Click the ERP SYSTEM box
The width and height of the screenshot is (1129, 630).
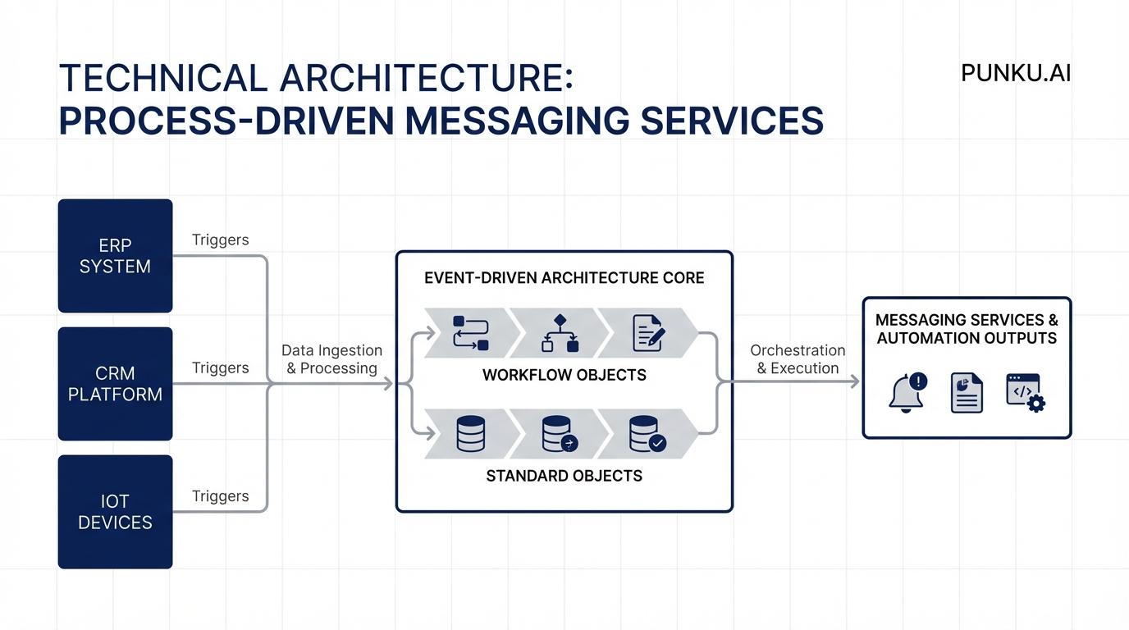pyautogui.click(x=115, y=256)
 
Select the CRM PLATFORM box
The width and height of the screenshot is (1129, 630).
pyautogui.click(x=115, y=384)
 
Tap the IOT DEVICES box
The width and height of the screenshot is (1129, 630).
pyautogui.click(x=115, y=512)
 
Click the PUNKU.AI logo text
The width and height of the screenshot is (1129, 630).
pyautogui.click(x=1016, y=73)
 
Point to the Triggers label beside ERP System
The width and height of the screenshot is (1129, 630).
pyautogui.click(x=220, y=240)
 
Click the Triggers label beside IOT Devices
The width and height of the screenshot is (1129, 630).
pyautogui.click(x=220, y=495)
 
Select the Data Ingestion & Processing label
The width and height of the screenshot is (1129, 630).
pyautogui.click(x=331, y=359)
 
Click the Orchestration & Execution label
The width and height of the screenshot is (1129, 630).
pyautogui.click(x=798, y=359)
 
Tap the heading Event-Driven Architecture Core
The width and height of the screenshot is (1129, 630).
pyautogui.click(x=564, y=278)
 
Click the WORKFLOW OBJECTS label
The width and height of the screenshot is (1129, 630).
pyautogui.click(x=564, y=375)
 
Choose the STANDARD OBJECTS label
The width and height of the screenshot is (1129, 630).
pyautogui.click(x=564, y=476)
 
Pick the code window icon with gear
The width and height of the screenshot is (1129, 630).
pyautogui.click(x=1026, y=392)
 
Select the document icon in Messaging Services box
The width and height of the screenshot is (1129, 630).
pyautogui.click(x=967, y=392)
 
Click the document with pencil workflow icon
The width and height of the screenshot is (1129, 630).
pyautogui.click(x=648, y=333)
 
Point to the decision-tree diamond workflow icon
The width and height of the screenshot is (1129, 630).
pyautogui.click(x=560, y=333)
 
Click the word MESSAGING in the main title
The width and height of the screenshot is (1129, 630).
pyautogui.click(x=518, y=120)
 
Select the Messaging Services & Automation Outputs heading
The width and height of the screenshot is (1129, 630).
pyautogui.click(x=967, y=329)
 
